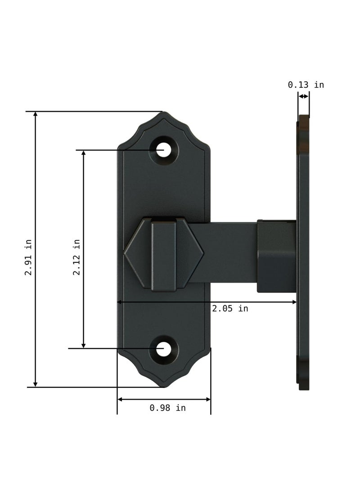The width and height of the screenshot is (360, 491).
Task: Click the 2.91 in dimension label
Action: click(28, 257)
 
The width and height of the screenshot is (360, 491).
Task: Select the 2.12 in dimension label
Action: click(76, 257)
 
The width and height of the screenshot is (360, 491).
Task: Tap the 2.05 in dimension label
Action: click(230, 309)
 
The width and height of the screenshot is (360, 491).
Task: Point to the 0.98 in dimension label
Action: click(167, 408)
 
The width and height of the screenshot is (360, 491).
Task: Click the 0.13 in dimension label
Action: click(306, 85)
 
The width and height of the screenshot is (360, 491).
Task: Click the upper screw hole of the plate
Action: click(164, 150)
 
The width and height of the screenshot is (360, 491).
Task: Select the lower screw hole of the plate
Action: click(164, 349)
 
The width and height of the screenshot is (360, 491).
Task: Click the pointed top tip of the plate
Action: click(164, 113)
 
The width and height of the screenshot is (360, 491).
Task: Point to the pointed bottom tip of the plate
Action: click(164, 386)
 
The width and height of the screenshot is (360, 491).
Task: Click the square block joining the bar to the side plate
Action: click(276, 256)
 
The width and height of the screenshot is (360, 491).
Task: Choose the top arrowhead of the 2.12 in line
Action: click(83, 153)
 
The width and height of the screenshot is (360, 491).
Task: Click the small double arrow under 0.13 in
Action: click(304, 96)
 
